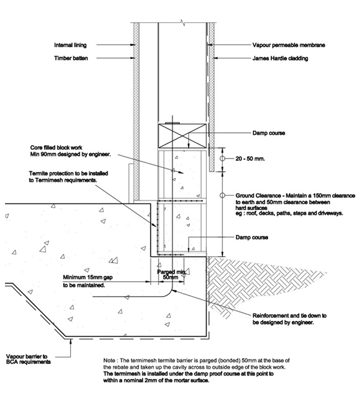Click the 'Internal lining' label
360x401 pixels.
point(70,45)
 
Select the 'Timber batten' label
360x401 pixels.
point(71,58)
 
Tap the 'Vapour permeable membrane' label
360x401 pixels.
point(289,45)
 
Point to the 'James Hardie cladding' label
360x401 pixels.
point(280,58)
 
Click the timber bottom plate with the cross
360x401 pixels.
point(182,136)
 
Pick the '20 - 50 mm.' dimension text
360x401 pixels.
point(250,159)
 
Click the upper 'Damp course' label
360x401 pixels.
point(269,133)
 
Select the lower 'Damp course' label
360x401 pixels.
point(252,237)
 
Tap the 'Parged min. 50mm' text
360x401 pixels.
point(171,274)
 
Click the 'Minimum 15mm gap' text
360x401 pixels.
point(88,277)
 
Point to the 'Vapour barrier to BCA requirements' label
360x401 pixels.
point(28,359)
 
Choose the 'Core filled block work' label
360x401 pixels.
point(56,148)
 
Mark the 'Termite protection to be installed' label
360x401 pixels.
point(68,173)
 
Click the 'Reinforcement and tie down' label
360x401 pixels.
point(289,316)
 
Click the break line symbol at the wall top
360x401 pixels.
point(182,22)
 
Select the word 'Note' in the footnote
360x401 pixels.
point(109,361)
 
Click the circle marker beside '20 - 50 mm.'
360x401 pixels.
point(222,158)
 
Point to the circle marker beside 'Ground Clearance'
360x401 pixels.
point(222,196)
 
